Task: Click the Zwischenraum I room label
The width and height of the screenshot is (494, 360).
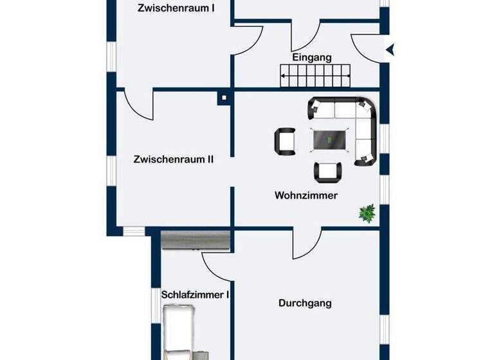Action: click(176, 8)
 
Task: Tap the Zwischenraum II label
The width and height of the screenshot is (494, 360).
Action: click(174, 159)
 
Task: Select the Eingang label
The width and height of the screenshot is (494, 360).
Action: click(312, 57)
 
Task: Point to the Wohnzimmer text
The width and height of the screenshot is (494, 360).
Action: click(306, 195)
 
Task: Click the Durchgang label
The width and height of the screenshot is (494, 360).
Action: click(305, 303)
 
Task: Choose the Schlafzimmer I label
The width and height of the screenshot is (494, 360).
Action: click(196, 294)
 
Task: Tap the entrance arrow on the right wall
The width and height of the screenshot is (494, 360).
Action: click(390, 48)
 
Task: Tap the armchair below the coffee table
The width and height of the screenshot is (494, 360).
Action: click(327, 171)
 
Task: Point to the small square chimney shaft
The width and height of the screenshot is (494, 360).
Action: click(223, 98)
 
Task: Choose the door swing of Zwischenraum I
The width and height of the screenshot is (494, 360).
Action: click(248, 40)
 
